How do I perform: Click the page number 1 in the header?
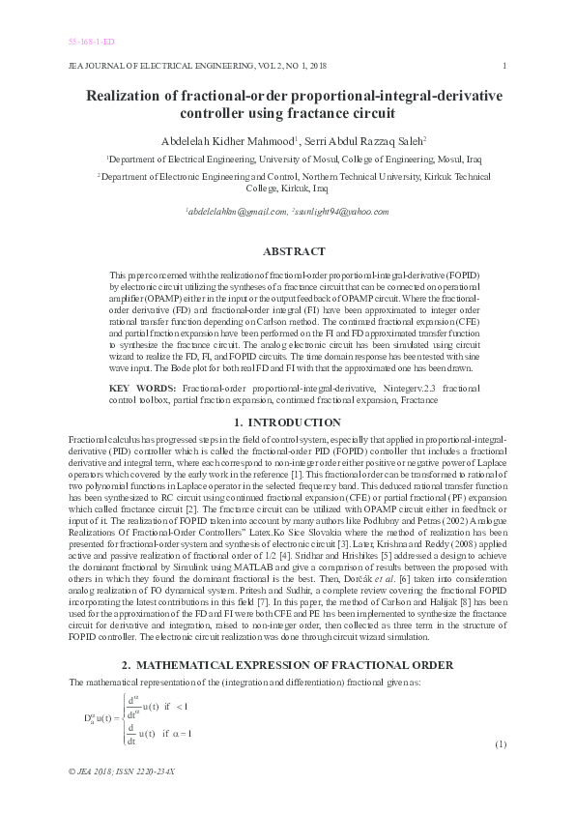pos(505,66)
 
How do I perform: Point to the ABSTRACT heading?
pos(287,251)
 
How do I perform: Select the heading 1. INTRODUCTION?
pos(287,422)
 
